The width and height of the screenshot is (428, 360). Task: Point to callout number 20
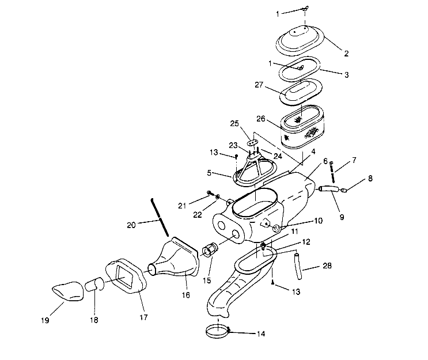(x=132, y=225)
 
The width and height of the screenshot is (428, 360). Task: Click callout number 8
(x=369, y=179)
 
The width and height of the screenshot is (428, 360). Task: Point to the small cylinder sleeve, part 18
(x=94, y=285)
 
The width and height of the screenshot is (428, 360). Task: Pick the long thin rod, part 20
(x=160, y=216)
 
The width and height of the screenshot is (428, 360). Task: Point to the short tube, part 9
(x=327, y=188)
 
